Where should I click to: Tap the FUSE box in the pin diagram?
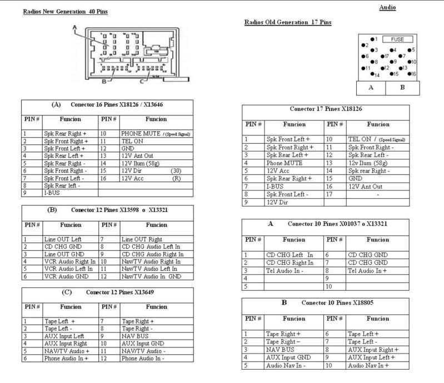(397, 39)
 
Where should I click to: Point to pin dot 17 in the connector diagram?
(384, 56)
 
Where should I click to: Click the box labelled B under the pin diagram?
(402, 87)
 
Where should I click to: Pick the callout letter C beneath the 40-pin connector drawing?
(142, 83)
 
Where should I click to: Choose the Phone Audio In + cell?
(65, 359)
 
